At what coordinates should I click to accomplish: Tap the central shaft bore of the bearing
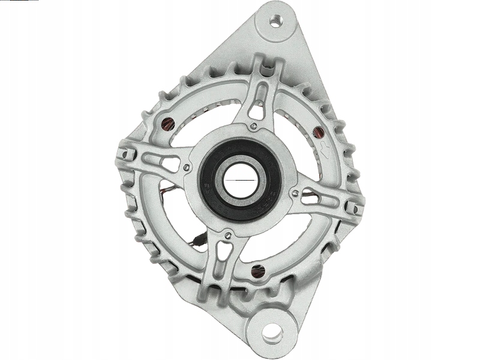point(239,179)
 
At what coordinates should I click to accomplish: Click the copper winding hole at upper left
point(168,125)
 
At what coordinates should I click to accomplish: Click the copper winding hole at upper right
point(319,131)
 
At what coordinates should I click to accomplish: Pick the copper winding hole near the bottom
point(259,271)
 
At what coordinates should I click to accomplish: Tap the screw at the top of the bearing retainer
point(254,126)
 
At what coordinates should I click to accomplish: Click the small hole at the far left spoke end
point(125,154)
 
